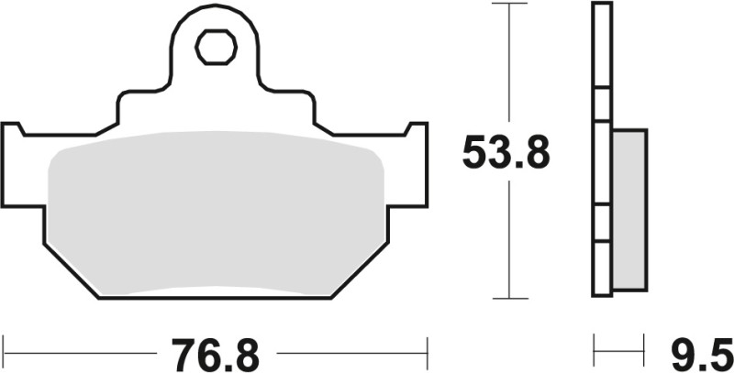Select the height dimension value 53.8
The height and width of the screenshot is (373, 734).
point(506,153)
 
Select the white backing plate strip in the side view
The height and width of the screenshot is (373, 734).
point(602,151)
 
